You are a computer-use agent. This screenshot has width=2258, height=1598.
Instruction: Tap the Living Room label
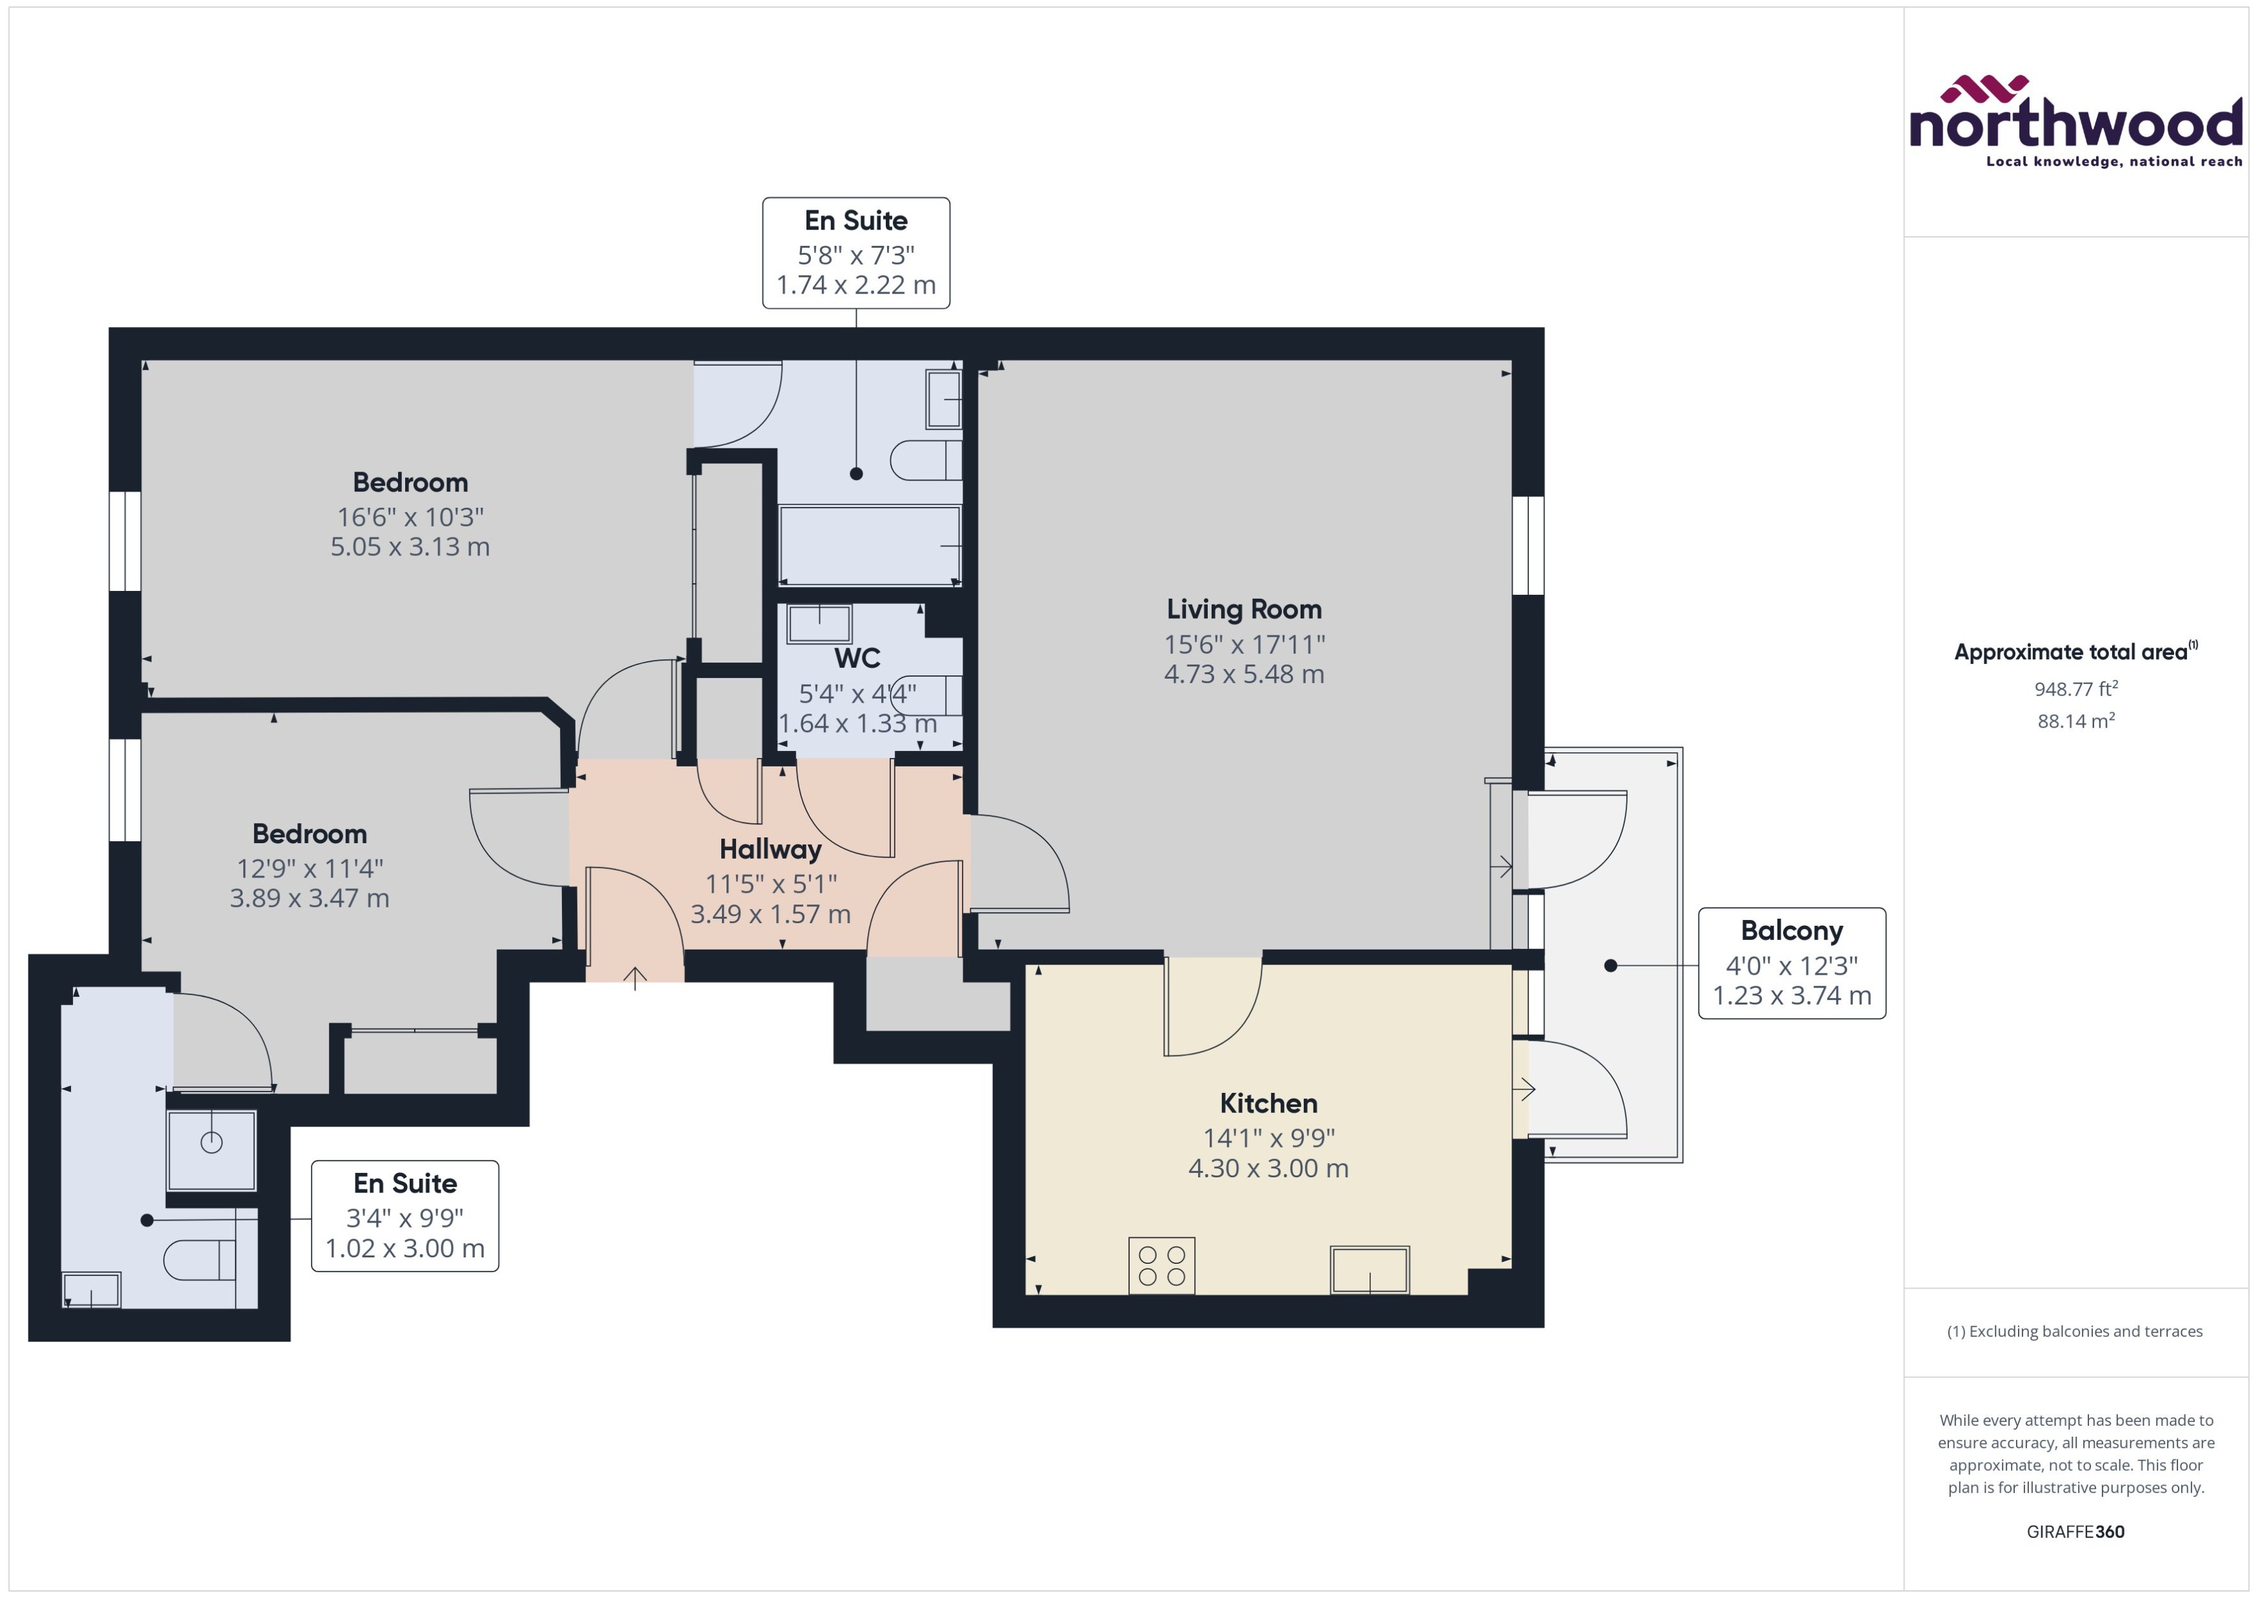click(1244, 609)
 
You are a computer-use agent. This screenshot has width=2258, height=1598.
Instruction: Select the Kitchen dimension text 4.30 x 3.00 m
click(1268, 1168)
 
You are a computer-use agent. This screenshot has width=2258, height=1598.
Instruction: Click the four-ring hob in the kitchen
click(1161, 1265)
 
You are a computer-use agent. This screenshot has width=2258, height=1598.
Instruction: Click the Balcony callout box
click(1791, 963)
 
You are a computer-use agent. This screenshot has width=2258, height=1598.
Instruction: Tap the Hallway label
click(770, 849)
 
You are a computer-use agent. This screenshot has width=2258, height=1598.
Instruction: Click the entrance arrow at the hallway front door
click(635, 978)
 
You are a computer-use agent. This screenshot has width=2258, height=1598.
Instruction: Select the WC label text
click(857, 658)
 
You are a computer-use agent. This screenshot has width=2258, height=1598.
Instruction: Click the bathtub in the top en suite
click(869, 545)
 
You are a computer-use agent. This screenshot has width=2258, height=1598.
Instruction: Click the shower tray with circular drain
click(212, 1150)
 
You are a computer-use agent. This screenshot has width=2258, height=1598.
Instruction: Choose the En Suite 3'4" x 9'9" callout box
click(405, 1215)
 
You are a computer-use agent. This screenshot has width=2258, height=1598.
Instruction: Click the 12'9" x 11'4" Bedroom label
click(309, 834)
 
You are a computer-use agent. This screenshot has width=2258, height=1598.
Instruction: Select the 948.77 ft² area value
click(2075, 689)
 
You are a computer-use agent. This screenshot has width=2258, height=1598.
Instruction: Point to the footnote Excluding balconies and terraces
click(2074, 1332)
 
